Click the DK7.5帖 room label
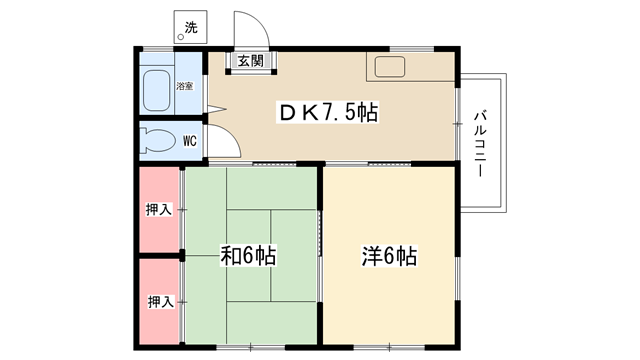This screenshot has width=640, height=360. tap(329, 112)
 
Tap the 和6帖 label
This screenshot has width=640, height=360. tap(248, 256)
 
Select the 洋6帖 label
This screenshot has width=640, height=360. tap(389, 256)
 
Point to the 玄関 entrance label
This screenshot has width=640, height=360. tap(251, 61)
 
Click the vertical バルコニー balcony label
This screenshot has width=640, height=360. tap(480, 143)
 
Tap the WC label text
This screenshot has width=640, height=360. tap(190, 141)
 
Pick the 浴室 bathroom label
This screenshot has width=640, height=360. tap(184, 86)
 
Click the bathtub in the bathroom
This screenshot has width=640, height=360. tap(157, 91)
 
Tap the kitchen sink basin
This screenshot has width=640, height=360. tap(390, 67)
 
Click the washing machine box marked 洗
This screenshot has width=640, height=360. tap(190, 27)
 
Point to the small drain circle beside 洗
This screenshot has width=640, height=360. tap(180, 38)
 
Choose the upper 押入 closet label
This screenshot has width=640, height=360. tap(159, 210)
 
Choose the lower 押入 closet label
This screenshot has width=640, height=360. tap(161, 302)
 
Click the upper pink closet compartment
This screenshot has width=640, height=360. tap(160, 210)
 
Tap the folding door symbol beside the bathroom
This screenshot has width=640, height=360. tap(216, 109)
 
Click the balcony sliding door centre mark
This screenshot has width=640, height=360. tap(458, 123)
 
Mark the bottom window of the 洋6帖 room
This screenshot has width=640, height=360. tap(389, 347)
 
